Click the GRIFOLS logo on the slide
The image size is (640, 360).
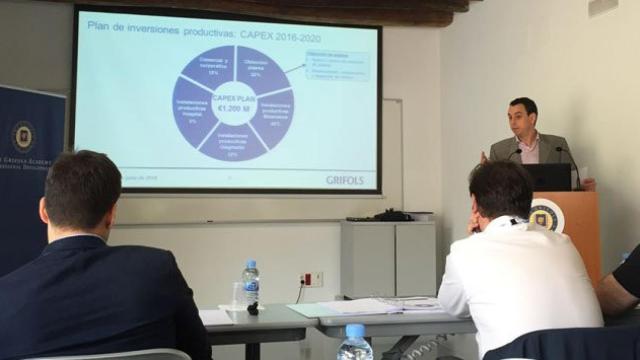coord(344,180)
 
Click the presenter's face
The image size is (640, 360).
coord(522,118)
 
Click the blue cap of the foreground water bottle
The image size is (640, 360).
coord(354,330)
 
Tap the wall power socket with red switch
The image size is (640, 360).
coord(311,279)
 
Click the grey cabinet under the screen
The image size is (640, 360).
coord(387,258)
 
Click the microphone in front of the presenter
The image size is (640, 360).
coord(567,160)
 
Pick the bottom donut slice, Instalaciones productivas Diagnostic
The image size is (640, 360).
coord(232,144)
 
